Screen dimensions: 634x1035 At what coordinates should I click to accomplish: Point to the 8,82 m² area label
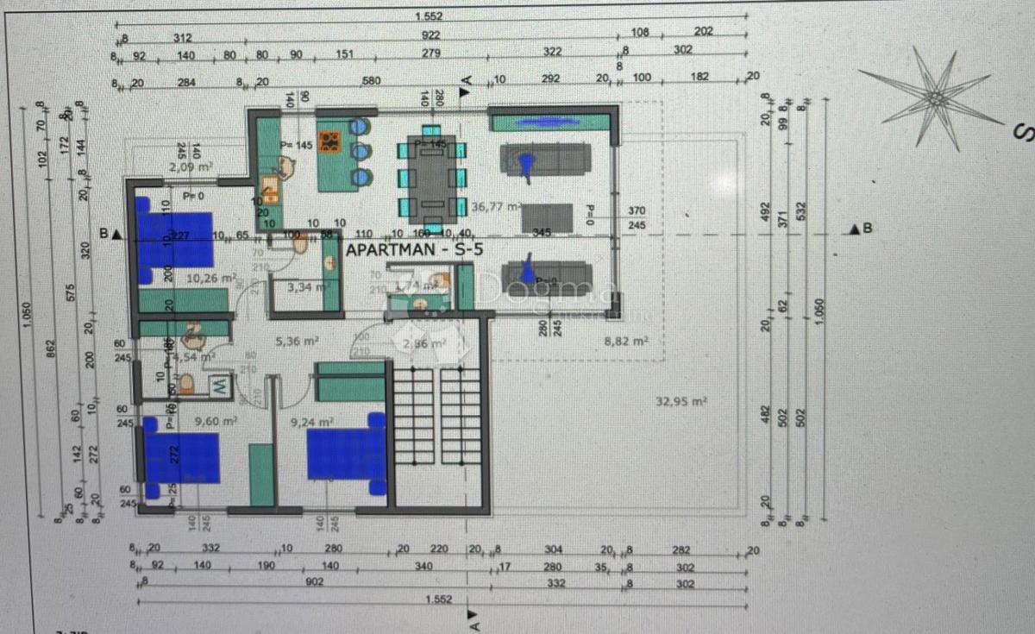pyautogui.click(x=626, y=342)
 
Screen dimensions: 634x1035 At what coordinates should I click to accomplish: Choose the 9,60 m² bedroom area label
pyautogui.click(x=216, y=422)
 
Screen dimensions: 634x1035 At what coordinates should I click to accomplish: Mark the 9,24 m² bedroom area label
pyautogui.click(x=312, y=422)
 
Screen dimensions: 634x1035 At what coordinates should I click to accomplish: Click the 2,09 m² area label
pyautogui.click(x=191, y=166)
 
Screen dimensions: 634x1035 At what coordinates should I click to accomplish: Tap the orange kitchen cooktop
pyautogui.click(x=329, y=141)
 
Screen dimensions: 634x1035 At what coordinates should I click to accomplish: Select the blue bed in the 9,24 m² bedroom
pyautogui.click(x=347, y=454)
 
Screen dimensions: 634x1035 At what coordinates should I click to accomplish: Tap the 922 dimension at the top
pyautogui.click(x=431, y=36)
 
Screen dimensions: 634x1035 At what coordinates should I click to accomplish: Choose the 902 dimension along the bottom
pyautogui.click(x=314, y=582)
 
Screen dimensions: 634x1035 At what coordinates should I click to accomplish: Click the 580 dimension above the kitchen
pyautogui.click(x=371, y=82)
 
